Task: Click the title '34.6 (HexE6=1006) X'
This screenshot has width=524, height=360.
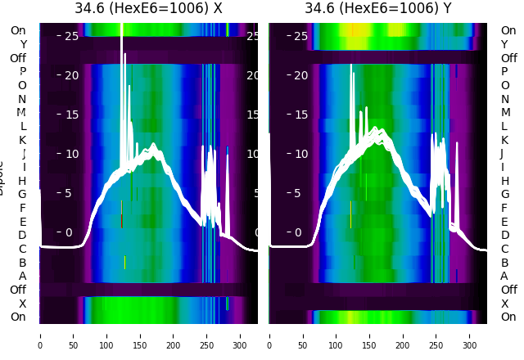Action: point(148,9)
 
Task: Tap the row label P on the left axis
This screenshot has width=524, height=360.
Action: point(23,71)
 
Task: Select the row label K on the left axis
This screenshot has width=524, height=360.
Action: point(23,140)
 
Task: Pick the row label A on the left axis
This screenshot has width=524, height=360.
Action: point(23,276)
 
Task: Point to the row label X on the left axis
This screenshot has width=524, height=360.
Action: point(23,304)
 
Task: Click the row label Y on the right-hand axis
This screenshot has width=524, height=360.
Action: point(504,44)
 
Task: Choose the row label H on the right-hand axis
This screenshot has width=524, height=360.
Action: point(504,181)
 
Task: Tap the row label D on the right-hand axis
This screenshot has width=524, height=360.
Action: point(504,235)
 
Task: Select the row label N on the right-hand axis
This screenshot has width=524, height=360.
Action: point(504,99)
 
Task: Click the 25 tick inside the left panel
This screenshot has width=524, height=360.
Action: point(70,36)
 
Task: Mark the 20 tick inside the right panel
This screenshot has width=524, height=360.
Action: point(300,75)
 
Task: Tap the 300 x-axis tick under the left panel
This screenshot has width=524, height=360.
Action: point(240,335)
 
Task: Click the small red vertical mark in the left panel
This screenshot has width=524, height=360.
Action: point(121,221)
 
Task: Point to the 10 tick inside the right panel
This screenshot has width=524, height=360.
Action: point(300,154)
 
